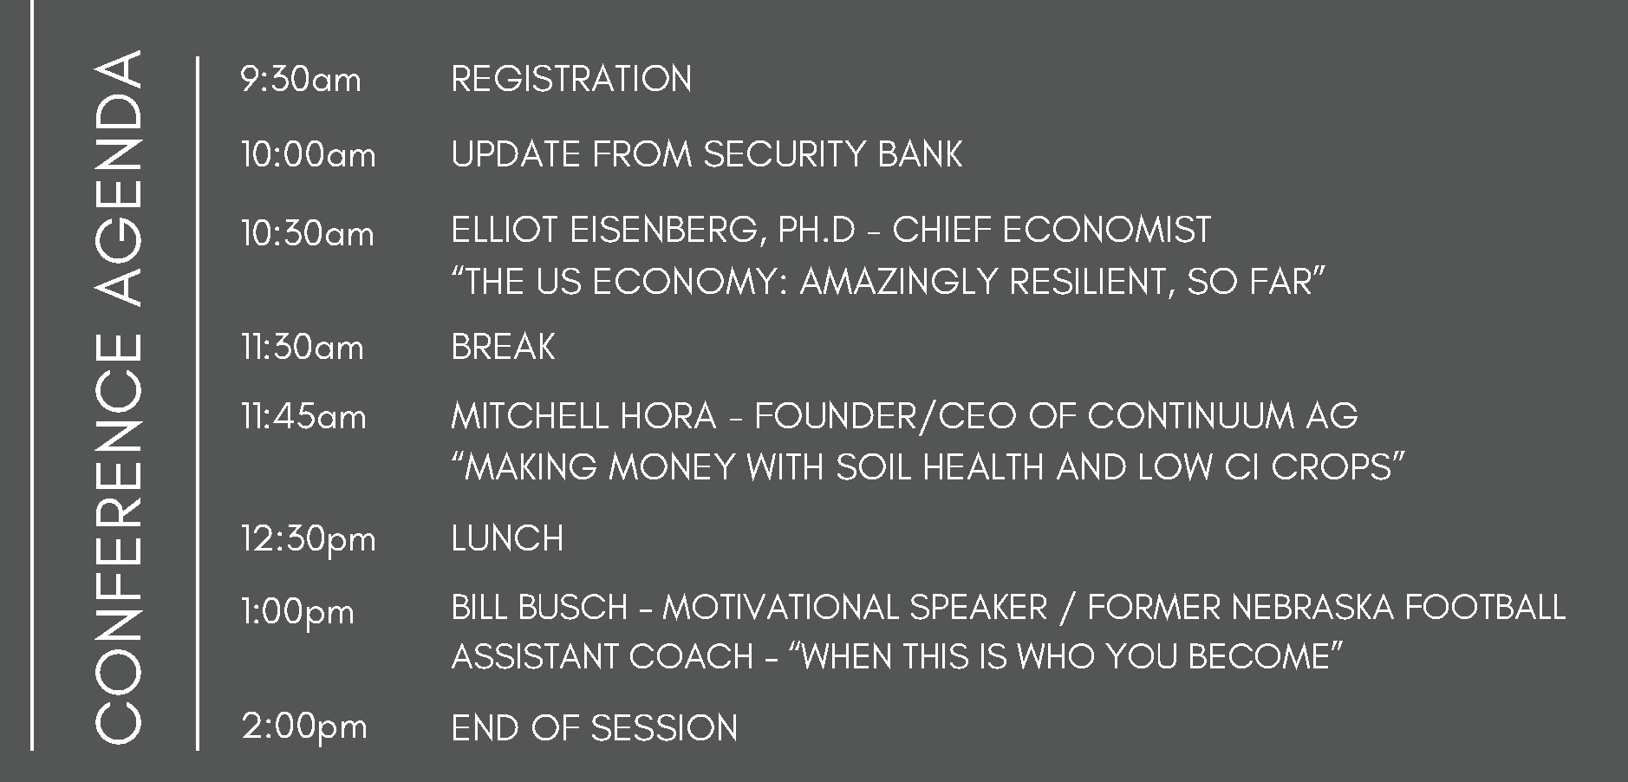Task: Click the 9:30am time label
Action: click(x=301, y=80)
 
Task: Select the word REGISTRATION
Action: click(x=571, y=79)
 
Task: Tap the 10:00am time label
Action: click(x=309, y=155)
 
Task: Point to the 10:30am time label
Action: click(x=308, y=233)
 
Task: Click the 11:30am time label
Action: click(x=302, y=348)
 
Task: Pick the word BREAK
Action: click(x=503, y=347)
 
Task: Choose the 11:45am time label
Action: click(x=303, y=417)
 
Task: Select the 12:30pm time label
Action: click(x=309, y=539)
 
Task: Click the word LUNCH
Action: click(x=507, y=538)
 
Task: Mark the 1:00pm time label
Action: click(x=297, y=613)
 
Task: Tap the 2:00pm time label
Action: click(x=304, y=727)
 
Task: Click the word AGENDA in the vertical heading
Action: click(x=117, y=179)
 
